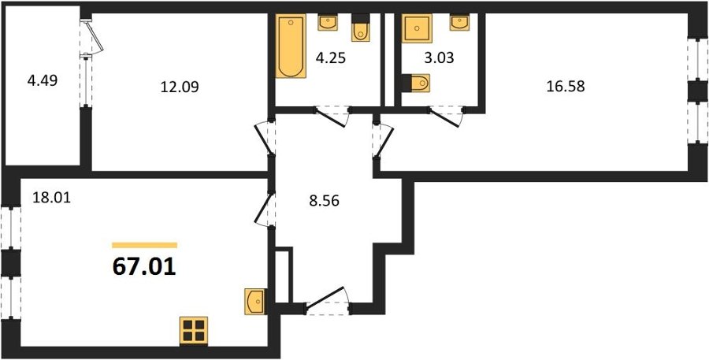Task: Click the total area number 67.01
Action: tap(144, 267)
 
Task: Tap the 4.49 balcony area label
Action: tap(42, 82)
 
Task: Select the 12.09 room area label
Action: tap(180, 87)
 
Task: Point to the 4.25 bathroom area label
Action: tap(331, 59)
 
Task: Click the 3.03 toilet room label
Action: tap(439, 58)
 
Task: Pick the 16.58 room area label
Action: tap(566, 87)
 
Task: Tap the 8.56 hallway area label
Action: tap(324, 201)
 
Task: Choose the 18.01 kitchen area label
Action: tap(51, 198)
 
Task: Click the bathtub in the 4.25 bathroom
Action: tap(291, 46)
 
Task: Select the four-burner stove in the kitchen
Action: tap(194, 331)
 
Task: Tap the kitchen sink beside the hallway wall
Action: tap(255, 302)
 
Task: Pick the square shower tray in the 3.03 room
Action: tap(417, 28)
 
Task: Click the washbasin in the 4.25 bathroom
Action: tap(329, 22)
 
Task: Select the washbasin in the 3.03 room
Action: tap(459, 22)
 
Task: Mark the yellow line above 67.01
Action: tap(145, 245)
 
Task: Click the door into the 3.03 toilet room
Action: tap(445, 117)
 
